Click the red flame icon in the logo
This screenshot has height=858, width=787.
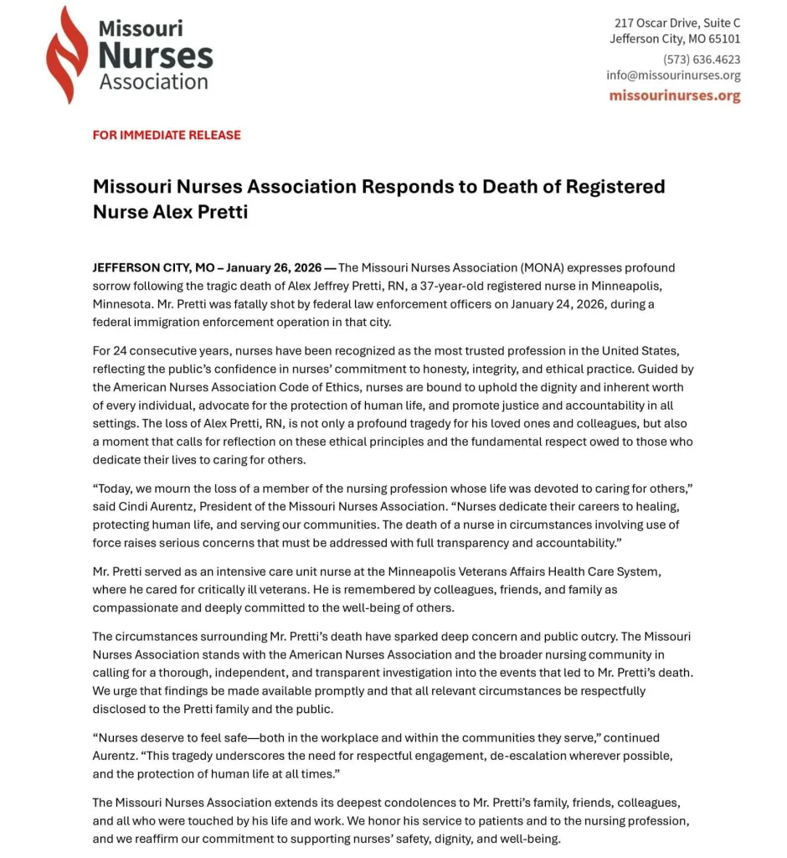pos(66,55)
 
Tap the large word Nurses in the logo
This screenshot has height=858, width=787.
pos(156,55)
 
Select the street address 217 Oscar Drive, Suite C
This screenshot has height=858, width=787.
pos(677,23)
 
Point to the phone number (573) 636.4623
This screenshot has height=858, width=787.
pos(702,59)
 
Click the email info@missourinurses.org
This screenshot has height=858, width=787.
pos(673,75)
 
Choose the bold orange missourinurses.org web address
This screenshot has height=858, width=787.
pos(674,96)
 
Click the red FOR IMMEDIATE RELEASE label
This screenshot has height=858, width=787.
pos(167,135)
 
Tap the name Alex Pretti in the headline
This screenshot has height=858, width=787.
pos(201,211)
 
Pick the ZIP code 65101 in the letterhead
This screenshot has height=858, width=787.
pos(724,39)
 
